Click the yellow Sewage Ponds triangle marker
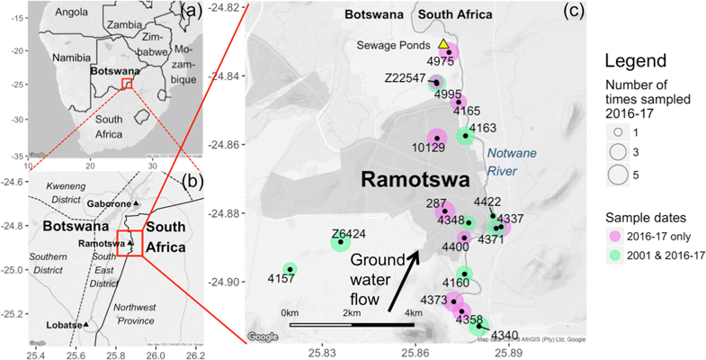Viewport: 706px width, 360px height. click(x=442, y=44)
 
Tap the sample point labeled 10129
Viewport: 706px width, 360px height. click(x=437, y=138)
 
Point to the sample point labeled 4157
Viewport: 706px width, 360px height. click(x=290, y=269)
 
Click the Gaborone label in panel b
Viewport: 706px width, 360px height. click(x=108, y=204)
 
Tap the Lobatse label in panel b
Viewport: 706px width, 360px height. click(x=63, y=324)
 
